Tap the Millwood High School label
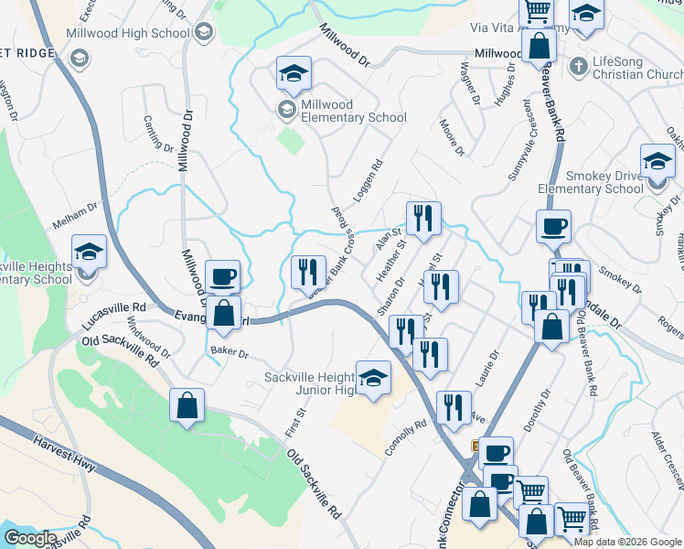(127, 32)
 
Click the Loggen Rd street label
(373, 182)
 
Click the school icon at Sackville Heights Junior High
(373, 378)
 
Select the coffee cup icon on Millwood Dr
(222, 275)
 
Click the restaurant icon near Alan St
(422, 218)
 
